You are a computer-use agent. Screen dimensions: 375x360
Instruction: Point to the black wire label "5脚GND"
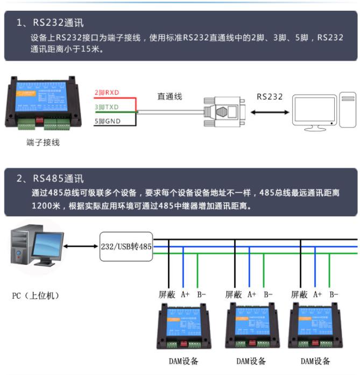pyautogui.click(x=107, y=122)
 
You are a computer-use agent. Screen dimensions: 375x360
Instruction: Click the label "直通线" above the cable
pyautogui.click(x=170, y=96)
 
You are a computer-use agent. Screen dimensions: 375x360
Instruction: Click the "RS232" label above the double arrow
pyautogui.click(x=269, y=97)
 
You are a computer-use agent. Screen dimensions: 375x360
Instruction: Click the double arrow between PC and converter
pyautogui.click(x=81, y=246)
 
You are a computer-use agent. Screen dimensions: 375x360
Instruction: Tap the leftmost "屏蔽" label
pyautogui.click(x=167, y=294)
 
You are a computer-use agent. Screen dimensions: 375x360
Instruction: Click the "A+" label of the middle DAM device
pyautogui.click(x=251, y=294)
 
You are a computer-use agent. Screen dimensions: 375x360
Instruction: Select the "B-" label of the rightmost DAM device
pyautogui.click(x=334, y=294)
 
